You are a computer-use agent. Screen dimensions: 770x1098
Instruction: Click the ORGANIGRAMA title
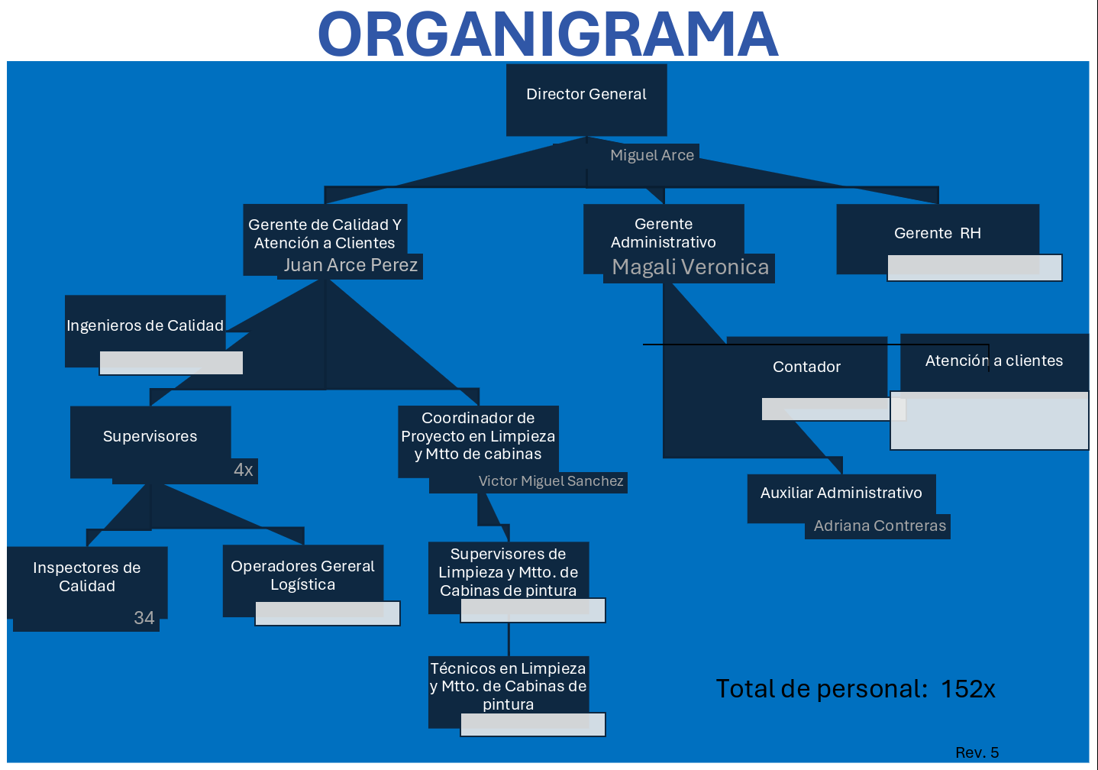547,34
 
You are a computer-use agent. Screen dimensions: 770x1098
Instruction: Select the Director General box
586,95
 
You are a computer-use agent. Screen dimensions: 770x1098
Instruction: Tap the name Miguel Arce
652,156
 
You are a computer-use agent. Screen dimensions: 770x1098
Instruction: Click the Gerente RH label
937,234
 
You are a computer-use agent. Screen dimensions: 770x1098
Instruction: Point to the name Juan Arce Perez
350,266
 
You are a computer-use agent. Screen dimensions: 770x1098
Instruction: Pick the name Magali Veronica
690,267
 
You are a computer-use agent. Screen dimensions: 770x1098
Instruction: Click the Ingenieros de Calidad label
145,326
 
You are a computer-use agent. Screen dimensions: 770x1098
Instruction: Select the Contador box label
806,367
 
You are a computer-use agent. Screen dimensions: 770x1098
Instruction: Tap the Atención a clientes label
993,361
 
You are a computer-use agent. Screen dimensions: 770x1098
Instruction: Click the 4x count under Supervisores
244,471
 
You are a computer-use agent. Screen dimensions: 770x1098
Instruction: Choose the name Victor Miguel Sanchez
551,482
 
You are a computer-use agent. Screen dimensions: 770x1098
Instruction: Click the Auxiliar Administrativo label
841,493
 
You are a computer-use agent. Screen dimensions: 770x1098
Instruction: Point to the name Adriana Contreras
880,526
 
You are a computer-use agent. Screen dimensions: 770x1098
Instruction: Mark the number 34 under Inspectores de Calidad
144,618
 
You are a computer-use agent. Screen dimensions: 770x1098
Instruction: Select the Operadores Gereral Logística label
302,576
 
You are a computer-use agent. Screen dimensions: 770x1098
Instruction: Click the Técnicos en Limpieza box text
508,686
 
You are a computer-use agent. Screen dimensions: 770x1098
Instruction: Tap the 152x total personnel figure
967,689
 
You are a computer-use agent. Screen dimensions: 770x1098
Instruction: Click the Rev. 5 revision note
977,752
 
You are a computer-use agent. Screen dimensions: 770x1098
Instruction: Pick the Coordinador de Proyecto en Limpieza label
478,436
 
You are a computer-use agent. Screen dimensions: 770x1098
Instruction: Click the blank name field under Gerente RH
974,268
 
